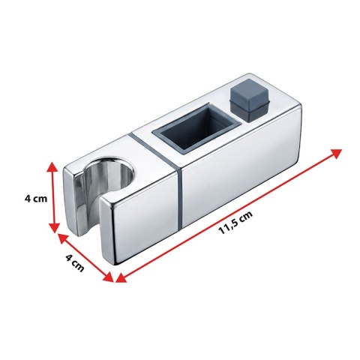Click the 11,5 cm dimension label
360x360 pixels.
pos(235,222)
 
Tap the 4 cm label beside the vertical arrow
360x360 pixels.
pos(36,199)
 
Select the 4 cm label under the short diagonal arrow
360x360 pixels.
pos(74,262)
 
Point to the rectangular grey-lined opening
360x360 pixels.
pos(197,128)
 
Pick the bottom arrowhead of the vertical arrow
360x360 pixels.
pos(54,227)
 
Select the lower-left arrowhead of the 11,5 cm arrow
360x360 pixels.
pos(121,277)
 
